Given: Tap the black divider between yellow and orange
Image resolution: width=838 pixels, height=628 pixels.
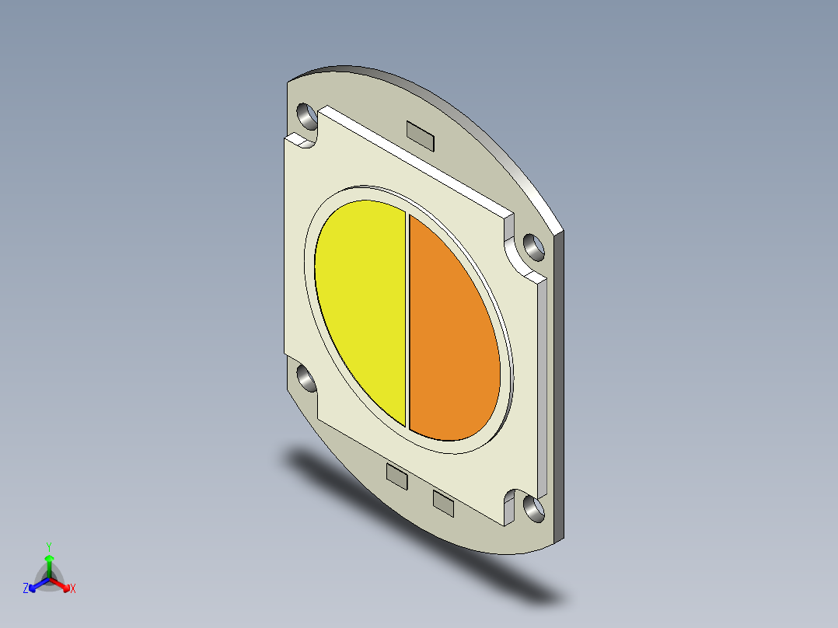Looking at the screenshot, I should click(x=407, y=319).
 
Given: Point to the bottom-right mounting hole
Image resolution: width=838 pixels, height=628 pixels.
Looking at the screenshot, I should click(x=534, y=508).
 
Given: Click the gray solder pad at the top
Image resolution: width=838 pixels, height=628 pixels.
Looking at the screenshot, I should click(x=421, y=135).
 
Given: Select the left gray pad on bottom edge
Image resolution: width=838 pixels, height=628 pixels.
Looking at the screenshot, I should click(x=396, y=476).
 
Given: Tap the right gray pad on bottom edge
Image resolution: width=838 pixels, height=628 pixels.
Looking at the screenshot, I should click(x=443, y=503).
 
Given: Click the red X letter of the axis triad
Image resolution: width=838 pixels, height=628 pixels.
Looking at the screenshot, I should click(x=73, y=589).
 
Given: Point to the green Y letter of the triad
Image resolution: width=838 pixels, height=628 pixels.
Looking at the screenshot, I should click(x=49, y=546).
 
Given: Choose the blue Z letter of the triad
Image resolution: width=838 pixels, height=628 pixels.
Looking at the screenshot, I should click(x=26, y=589).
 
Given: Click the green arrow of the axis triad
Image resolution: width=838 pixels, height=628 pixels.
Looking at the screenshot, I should click(x=49, y=563).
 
